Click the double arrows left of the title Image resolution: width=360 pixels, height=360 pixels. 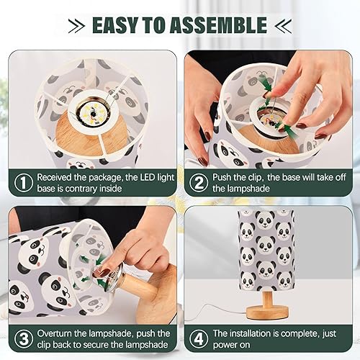(77, 25)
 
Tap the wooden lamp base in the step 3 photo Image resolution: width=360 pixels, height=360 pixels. (155, 288)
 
